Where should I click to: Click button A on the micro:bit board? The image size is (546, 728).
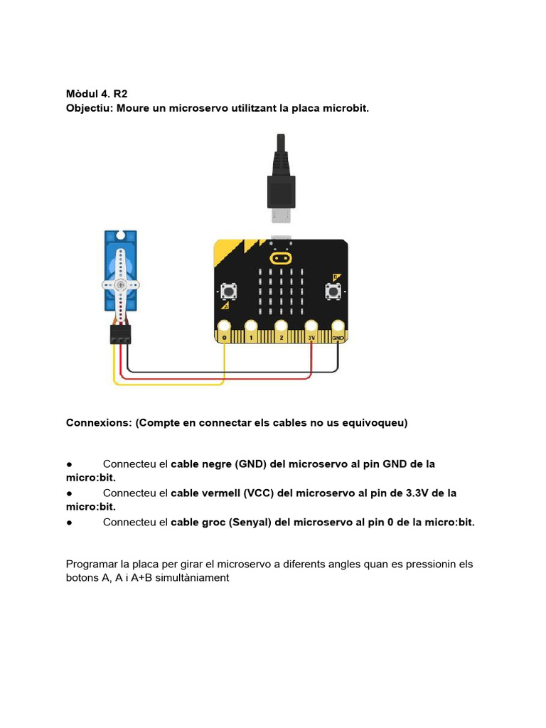coord(229,291)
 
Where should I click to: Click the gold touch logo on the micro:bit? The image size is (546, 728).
coord(281,257)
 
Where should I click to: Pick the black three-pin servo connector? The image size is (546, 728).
coord(120,334)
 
